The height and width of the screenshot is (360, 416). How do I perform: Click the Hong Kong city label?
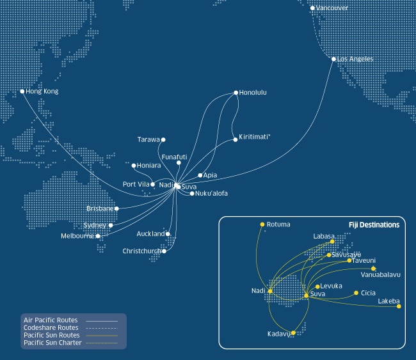coord(42,91)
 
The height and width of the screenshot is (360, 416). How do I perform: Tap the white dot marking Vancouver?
coord(312,8)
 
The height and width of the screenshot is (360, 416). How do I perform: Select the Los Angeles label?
coord(355,59)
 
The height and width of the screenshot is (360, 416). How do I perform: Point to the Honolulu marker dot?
coord(236,93)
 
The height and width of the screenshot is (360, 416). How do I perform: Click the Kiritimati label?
coord(255,137)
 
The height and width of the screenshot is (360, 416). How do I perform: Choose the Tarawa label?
coord(148,139)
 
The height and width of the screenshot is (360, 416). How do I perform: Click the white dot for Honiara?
coord(132,166)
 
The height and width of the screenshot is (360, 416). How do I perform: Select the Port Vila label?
coord(136,185)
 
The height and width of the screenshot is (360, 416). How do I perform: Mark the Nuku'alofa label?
coord(212,193)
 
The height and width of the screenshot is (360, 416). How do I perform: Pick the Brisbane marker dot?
coord(116,208)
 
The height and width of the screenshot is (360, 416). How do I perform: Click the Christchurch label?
coord(142,251)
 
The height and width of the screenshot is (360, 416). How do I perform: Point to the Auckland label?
coord(151,234)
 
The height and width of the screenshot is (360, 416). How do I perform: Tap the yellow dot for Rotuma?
coord(262,224)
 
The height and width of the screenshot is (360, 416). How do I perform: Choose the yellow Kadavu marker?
coord(293,333)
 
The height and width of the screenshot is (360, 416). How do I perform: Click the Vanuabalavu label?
coord(381,275)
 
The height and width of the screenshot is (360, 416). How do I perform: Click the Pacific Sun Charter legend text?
coord(52,343)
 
